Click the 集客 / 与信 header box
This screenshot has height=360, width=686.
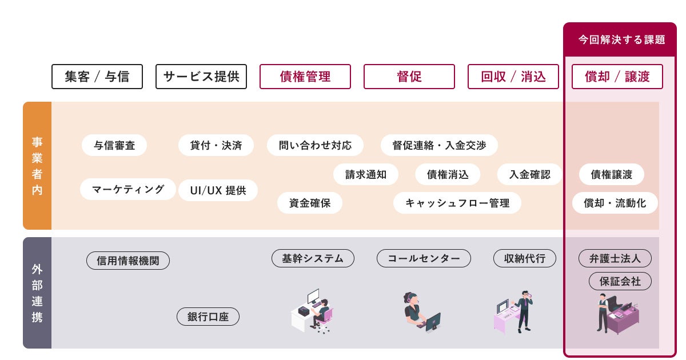97,77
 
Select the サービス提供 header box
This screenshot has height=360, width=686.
201,77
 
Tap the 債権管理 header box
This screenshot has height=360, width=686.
305,77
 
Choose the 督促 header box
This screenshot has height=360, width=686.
409,77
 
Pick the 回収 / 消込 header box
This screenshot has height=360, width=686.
513,77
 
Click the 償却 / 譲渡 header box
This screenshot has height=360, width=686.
617,77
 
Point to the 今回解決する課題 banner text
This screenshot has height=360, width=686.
621,39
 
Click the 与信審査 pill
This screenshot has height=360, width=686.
114,145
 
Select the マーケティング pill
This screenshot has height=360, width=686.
128,189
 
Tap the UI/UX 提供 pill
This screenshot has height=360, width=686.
218,190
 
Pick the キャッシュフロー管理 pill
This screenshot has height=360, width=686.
457,203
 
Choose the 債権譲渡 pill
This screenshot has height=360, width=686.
612,175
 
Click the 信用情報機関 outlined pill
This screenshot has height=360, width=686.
128,261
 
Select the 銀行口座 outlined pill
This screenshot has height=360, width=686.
208,317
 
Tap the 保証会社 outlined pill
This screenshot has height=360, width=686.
620,281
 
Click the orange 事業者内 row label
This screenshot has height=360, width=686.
37,166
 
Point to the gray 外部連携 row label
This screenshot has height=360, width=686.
37,293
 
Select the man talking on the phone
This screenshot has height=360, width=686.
524,310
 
